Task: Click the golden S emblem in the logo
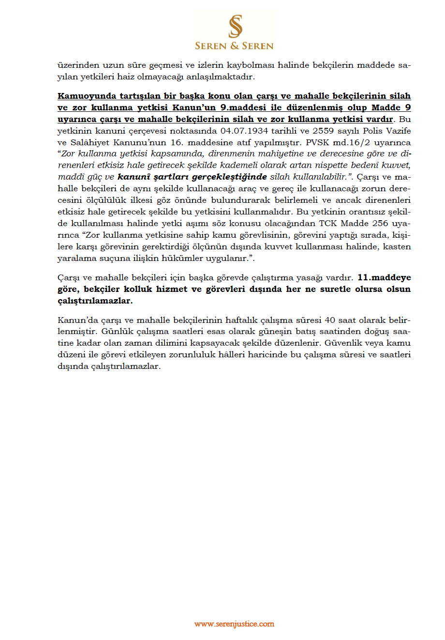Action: coord(235,26)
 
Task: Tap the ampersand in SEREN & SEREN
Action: coord(235,46)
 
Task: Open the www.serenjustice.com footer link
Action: coord(234,624)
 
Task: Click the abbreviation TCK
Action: coord(328,223)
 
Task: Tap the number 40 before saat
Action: coord(330,320)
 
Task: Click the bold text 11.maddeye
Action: coord(384,277)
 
